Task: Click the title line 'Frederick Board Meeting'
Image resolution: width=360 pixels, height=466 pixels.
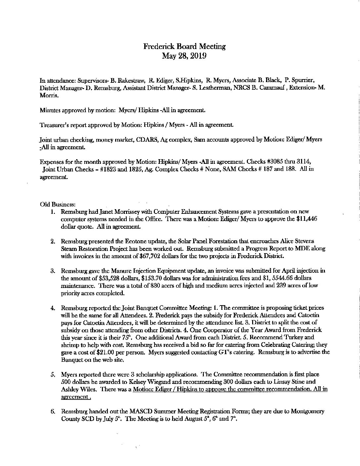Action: (x=184, y=46)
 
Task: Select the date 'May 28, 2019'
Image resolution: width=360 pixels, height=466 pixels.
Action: (x=184, y=56)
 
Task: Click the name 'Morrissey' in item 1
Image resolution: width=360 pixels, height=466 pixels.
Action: (x=129, y=211)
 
